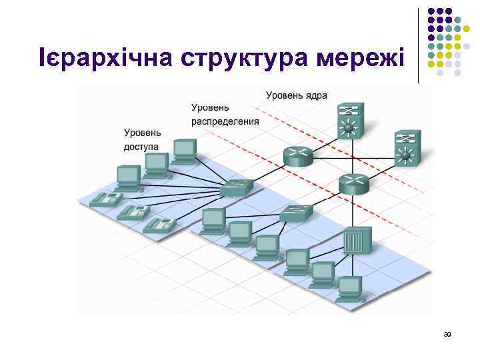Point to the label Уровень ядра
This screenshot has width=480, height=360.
point(296,95)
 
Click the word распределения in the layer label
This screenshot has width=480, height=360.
point(225,121)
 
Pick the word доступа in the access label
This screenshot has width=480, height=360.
point(141,146)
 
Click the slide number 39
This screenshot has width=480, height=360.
point(447,335)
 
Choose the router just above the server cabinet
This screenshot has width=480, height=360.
point(353,183)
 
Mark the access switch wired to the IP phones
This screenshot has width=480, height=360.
point(237,187)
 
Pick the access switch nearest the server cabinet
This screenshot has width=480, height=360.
point(296,213)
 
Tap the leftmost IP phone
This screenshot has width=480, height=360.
point(105,198)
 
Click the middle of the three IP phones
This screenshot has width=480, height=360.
point(133,213)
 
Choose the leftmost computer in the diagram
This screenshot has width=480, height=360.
point(127,177)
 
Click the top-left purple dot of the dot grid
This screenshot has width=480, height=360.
point(431,11)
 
